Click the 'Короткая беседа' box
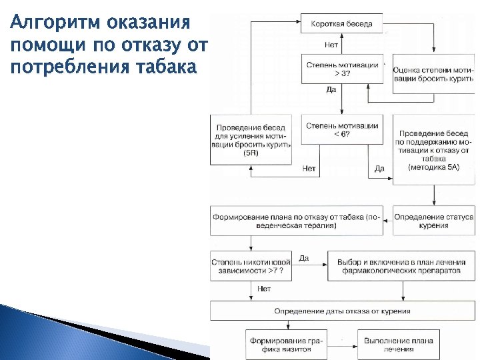pos(342,25)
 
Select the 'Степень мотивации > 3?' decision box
pos(342,69)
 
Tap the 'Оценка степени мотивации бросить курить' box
pos(433,73)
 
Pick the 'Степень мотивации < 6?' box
pos(342,129)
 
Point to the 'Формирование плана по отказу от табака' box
pos(297,221)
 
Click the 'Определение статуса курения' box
pos(433,221)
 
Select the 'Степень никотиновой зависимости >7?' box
pos(251,267)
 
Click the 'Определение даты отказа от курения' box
pos(342,311)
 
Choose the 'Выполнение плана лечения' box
pos(398,345)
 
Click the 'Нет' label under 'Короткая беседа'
pos(331,46)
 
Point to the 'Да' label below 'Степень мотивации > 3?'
pos(331,90)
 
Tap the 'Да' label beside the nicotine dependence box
pos(303,258)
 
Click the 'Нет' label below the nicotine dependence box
pos(264,289)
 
